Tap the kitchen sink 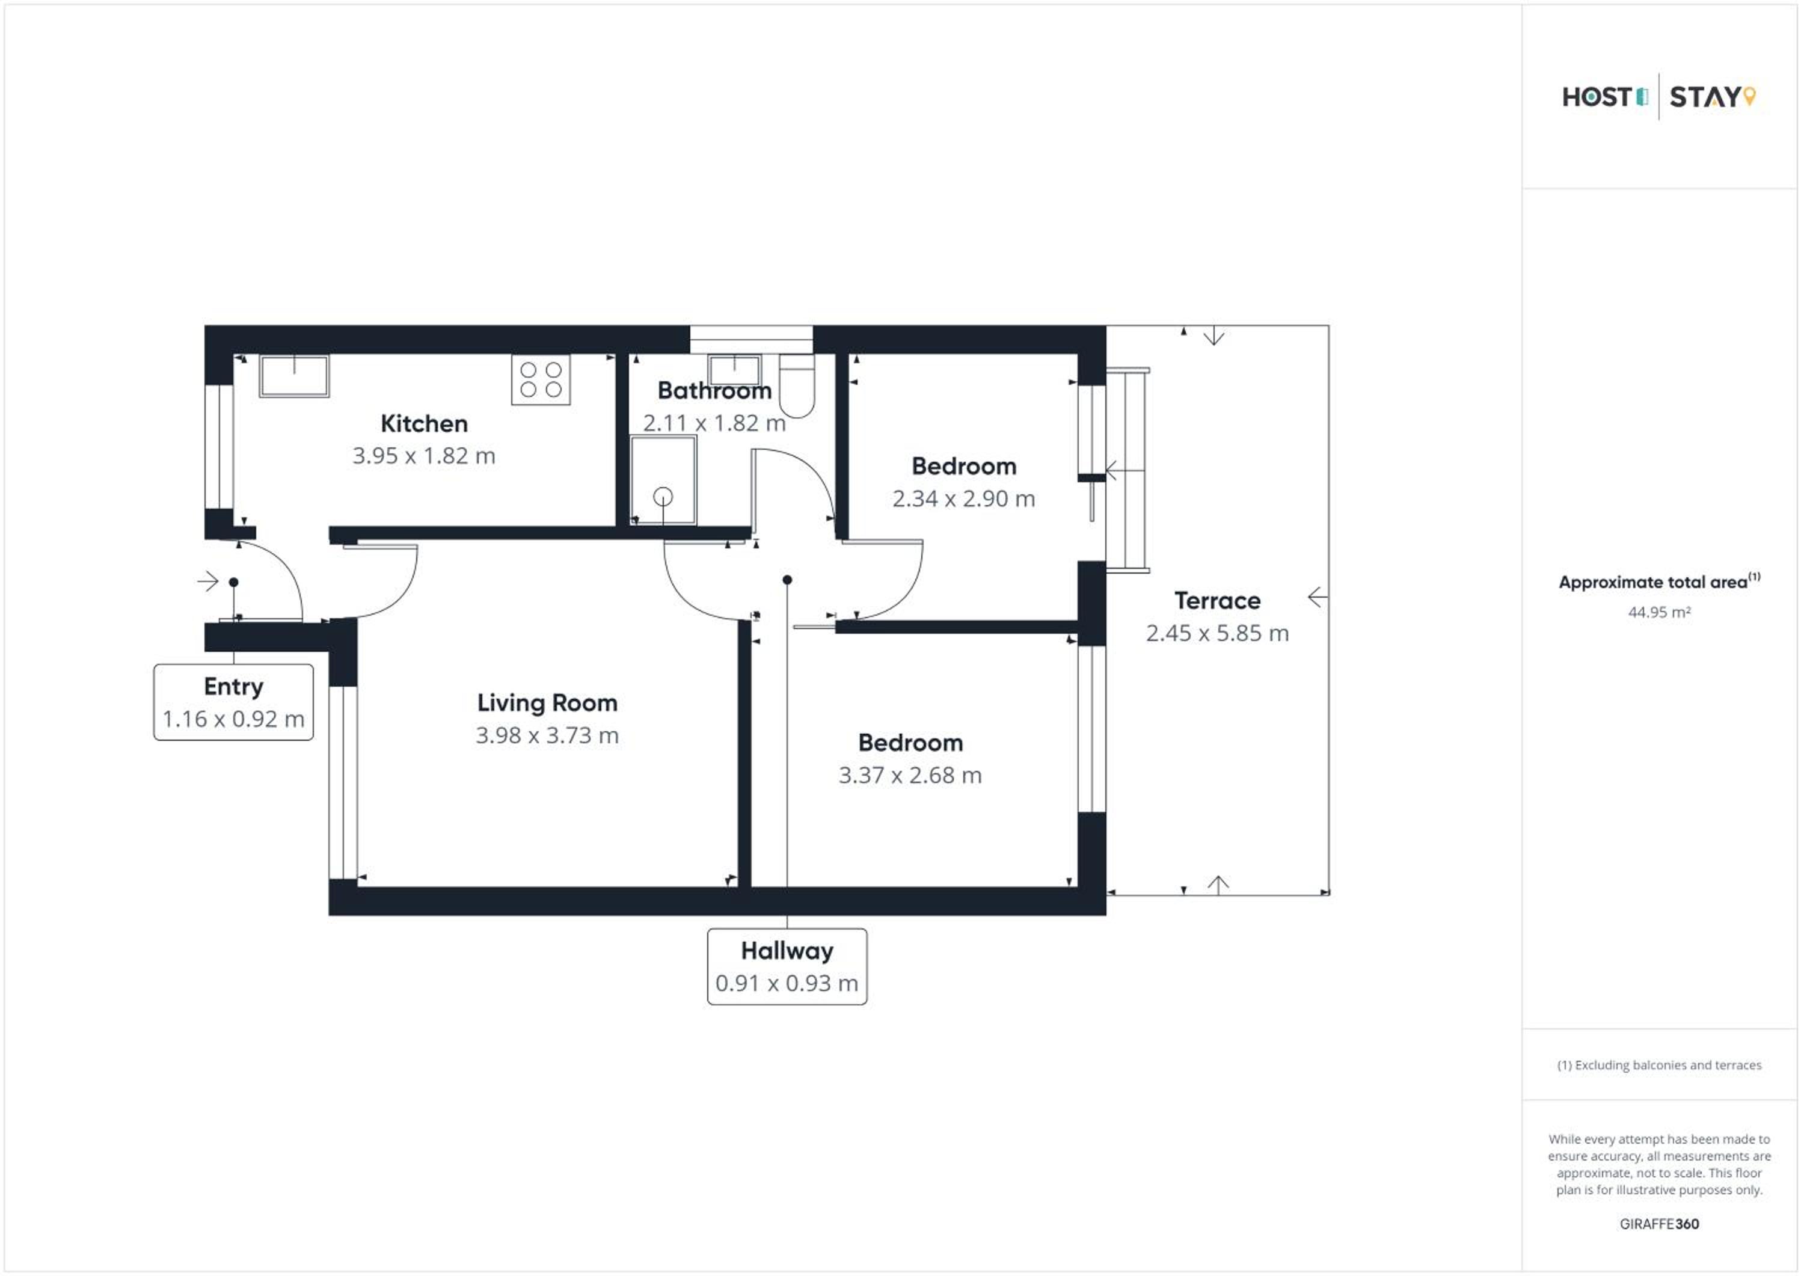click(294, 376)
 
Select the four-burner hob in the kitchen click(541, 379)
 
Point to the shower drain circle click(663, 497)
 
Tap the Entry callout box click(233, 702)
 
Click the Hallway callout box click(787, 967)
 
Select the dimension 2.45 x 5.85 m click(1217, 633)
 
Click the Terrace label click(1217, 601)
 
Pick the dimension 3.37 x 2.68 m click(910, 776)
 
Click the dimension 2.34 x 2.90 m click(963, 499)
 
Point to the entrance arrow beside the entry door click(208, 581)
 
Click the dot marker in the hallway click(787, 580)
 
